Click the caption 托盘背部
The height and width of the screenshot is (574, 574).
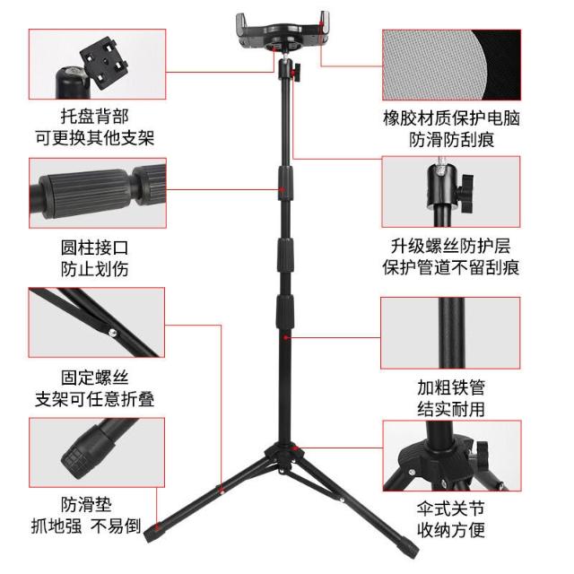[x=95, y=117]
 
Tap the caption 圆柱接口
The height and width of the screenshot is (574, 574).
[x=95, y=248]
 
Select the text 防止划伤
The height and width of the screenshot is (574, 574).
[x=95, y=269]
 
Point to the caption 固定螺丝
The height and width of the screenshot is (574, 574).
[x=95, y=378]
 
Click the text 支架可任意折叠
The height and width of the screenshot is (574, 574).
[x=95, y=399]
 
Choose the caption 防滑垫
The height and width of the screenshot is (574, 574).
[x=86, y=504]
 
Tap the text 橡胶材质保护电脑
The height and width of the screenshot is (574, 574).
[x=451, y=118]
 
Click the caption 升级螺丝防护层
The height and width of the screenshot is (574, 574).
[x=451, y=246]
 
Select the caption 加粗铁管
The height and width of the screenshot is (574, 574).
[x=451, y=387]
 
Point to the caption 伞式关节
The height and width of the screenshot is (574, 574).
[x=451, y=509]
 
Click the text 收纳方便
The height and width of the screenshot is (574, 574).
[x=451, y=530]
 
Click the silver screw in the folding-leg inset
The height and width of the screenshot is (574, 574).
[x=111, y=333]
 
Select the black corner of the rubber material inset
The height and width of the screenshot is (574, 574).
[x=502, y=63]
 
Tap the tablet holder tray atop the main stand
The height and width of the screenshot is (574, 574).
[x=283, y=31]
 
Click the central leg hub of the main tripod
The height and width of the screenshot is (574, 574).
[x=285, y=457]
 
